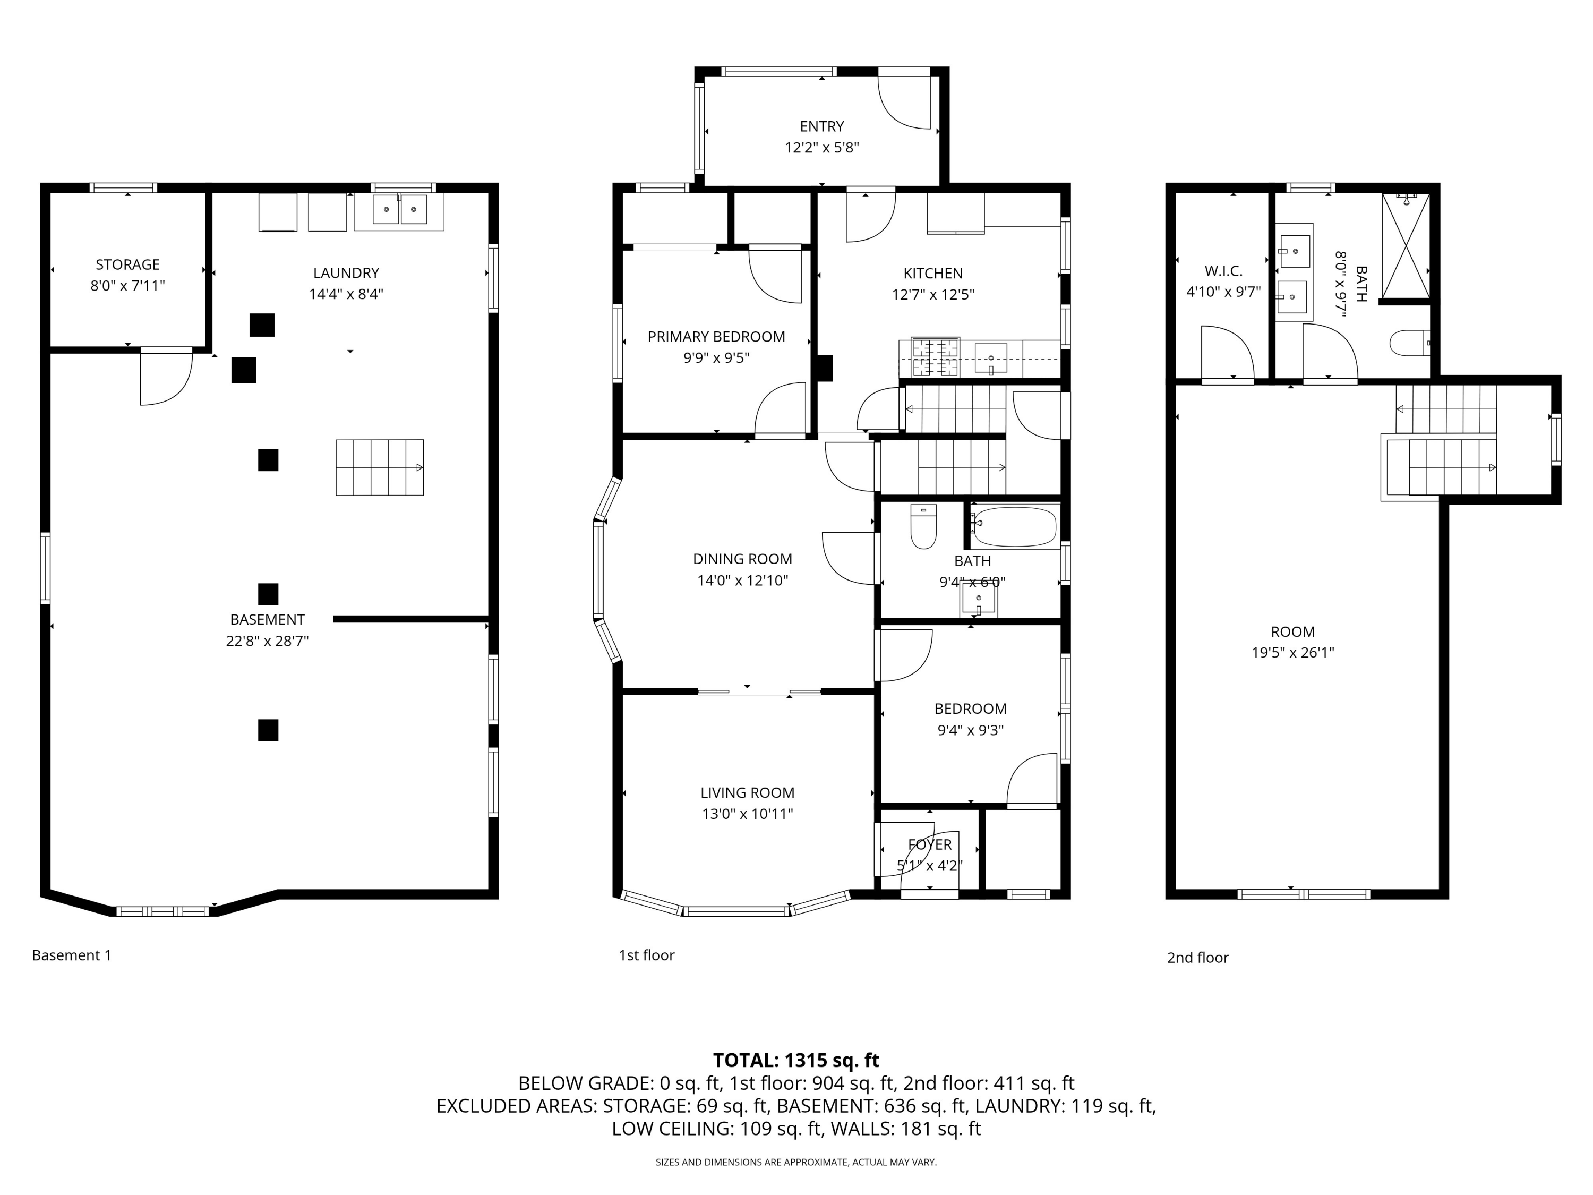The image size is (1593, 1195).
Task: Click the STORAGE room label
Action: point(127,264)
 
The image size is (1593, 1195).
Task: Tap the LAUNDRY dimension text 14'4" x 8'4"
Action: point(346,294)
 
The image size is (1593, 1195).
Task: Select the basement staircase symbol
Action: point(380,467)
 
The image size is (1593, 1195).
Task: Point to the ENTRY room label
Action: point(821,126)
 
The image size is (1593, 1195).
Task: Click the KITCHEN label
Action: point(933,273)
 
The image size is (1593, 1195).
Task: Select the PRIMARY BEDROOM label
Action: point(716,336)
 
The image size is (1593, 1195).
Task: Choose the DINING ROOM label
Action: point(742,559)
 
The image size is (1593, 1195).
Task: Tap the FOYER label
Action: point(930,844)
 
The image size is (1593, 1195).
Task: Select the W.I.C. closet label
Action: point(1223,271)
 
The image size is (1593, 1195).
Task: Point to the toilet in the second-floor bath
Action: point(1409,344)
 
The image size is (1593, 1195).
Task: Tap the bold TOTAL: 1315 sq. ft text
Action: point(796,1060)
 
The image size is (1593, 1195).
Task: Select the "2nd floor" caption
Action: point(1197,957)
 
